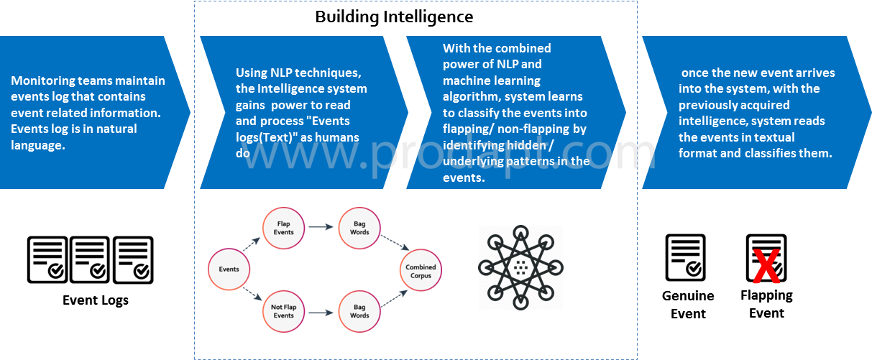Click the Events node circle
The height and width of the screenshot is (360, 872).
pos(229,269)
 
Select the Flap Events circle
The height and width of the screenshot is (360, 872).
pos(284,228)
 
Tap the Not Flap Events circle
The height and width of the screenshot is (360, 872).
pos(284,311)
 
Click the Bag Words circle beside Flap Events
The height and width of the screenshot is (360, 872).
pos(359,228)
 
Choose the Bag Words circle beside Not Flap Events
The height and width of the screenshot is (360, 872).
pos(359,311)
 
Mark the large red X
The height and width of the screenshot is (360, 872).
pos(766,267)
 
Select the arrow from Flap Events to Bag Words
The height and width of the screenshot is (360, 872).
pos(321,227)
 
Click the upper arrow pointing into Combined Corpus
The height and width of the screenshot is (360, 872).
pos(392,244)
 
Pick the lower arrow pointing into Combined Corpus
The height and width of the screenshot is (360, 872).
pos(392,296)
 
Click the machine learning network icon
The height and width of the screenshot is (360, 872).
pos(520,267)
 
